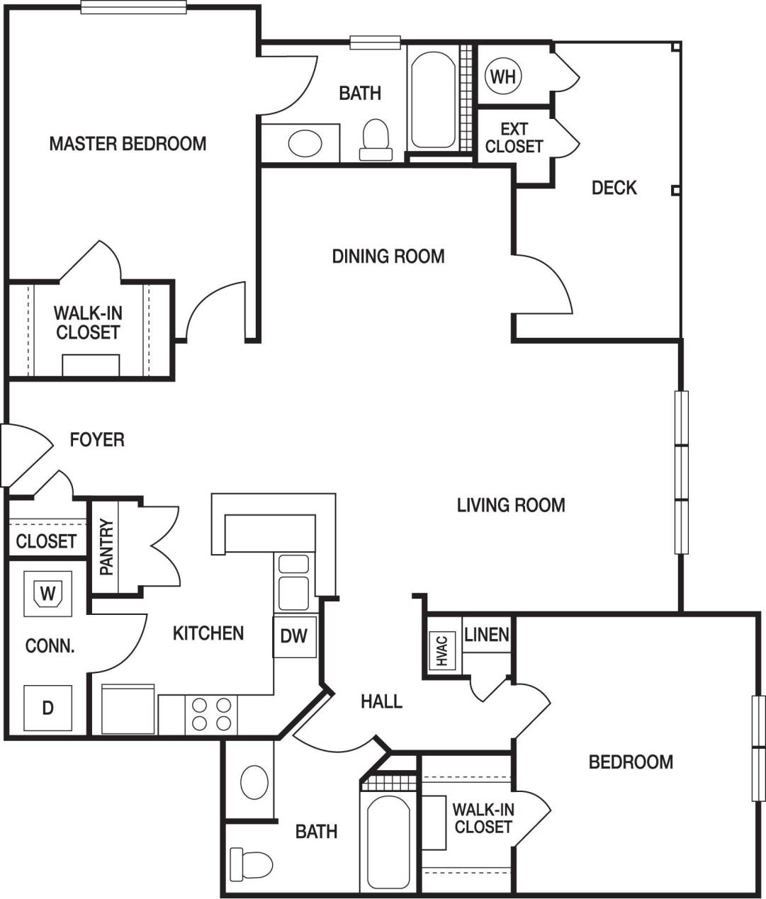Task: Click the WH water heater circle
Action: coord(503,76)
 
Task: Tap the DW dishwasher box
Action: coord(294,636)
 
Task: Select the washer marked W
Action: coord(47,593)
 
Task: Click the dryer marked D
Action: coord(47,708)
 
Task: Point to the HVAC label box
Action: coord(441,650)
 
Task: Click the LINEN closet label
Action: coord(486,635)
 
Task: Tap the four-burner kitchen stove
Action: coord(211,714)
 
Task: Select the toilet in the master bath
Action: coord(376,140)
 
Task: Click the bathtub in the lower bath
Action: coord(388,843)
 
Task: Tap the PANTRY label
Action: coord(106,546)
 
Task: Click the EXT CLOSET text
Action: coord(514,137)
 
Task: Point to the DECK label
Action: coord(614,188)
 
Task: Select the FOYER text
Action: coord(97,440)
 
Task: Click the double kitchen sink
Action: coord(293,583)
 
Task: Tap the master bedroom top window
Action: coord(134,7)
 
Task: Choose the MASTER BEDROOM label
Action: coord(128,144)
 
